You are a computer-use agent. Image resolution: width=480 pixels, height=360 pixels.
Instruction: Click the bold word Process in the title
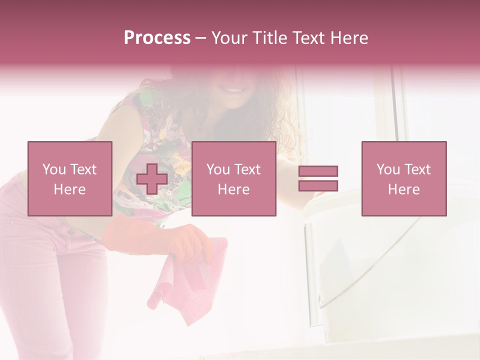click(x=157, y=38)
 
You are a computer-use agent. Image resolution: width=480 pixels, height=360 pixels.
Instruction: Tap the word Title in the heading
click(x=269, y=38)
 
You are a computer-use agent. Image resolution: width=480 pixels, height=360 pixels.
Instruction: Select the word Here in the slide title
click(x=349, y=38)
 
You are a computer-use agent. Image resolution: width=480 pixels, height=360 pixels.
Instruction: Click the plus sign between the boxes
click(x=152, y=179)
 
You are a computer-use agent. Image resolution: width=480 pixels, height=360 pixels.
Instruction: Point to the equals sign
click(x=318, y=178)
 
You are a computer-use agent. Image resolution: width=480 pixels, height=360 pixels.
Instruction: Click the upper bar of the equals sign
click(x=318, y=171)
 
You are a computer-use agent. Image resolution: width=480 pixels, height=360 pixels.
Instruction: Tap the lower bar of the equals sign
click(x=318, y=185)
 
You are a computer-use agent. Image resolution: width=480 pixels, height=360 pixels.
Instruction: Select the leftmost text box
click(x=69, y=178)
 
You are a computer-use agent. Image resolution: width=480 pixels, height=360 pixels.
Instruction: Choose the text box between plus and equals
click(x=233, y=178)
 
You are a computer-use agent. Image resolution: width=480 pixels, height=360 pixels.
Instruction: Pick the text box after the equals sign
click(x=403, y=178)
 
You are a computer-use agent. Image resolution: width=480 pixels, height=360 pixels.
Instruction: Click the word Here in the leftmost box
click(x=69, y=189)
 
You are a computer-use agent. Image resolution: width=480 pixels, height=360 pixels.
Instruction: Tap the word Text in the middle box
click(x=247, y=169)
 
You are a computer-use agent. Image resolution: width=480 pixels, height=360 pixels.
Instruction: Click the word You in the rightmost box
click(x=388, y=169)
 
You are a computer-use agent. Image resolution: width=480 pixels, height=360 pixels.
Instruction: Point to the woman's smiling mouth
click(x=232, y=90)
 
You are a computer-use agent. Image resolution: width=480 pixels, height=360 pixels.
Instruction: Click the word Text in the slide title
click(x=308, y=38)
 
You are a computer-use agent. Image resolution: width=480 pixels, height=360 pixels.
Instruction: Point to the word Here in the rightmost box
click(x=403, y=189)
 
